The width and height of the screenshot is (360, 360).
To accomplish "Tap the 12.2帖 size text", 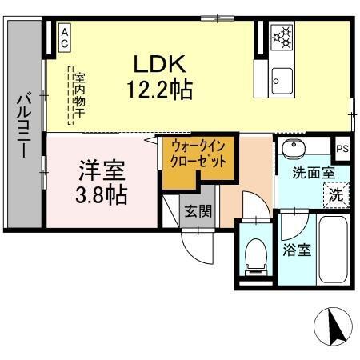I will click(158, 89).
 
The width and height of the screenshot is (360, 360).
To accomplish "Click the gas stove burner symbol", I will click(282, 35).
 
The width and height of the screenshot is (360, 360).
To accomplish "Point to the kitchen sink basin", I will click(282, 79).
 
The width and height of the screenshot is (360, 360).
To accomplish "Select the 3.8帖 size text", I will click(102, 194).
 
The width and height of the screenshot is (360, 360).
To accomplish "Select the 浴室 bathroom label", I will click(297, 249).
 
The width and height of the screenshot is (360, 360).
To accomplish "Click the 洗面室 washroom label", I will click(307, 171).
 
